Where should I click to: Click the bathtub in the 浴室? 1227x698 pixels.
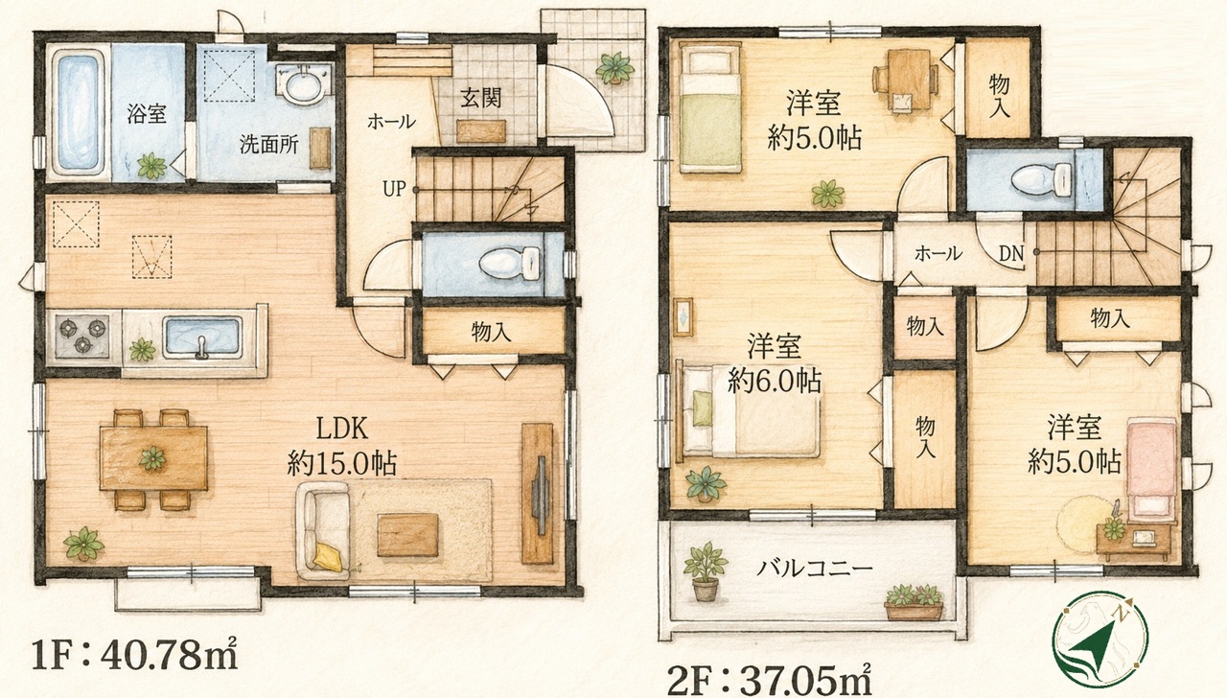[79, 113]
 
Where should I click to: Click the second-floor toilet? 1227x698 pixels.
[1042, 180]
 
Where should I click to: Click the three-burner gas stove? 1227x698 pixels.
[82, 336]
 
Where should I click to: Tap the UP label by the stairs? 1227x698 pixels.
[394, 189]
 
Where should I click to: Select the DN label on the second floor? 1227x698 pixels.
[1011, 253]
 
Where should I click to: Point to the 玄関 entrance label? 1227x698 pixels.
[480, 98]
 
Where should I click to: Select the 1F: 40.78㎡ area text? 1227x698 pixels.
[135, 655]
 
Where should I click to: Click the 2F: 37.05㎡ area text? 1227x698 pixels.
[769, 679]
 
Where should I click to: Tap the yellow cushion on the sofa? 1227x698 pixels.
[328, 557]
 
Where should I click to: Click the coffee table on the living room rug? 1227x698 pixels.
[407, 535]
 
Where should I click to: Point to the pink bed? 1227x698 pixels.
[1151, 470]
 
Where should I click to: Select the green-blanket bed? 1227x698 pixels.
[710, 109]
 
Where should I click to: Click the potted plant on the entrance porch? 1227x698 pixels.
[614, 68]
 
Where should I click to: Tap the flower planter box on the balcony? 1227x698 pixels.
[914, 603]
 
